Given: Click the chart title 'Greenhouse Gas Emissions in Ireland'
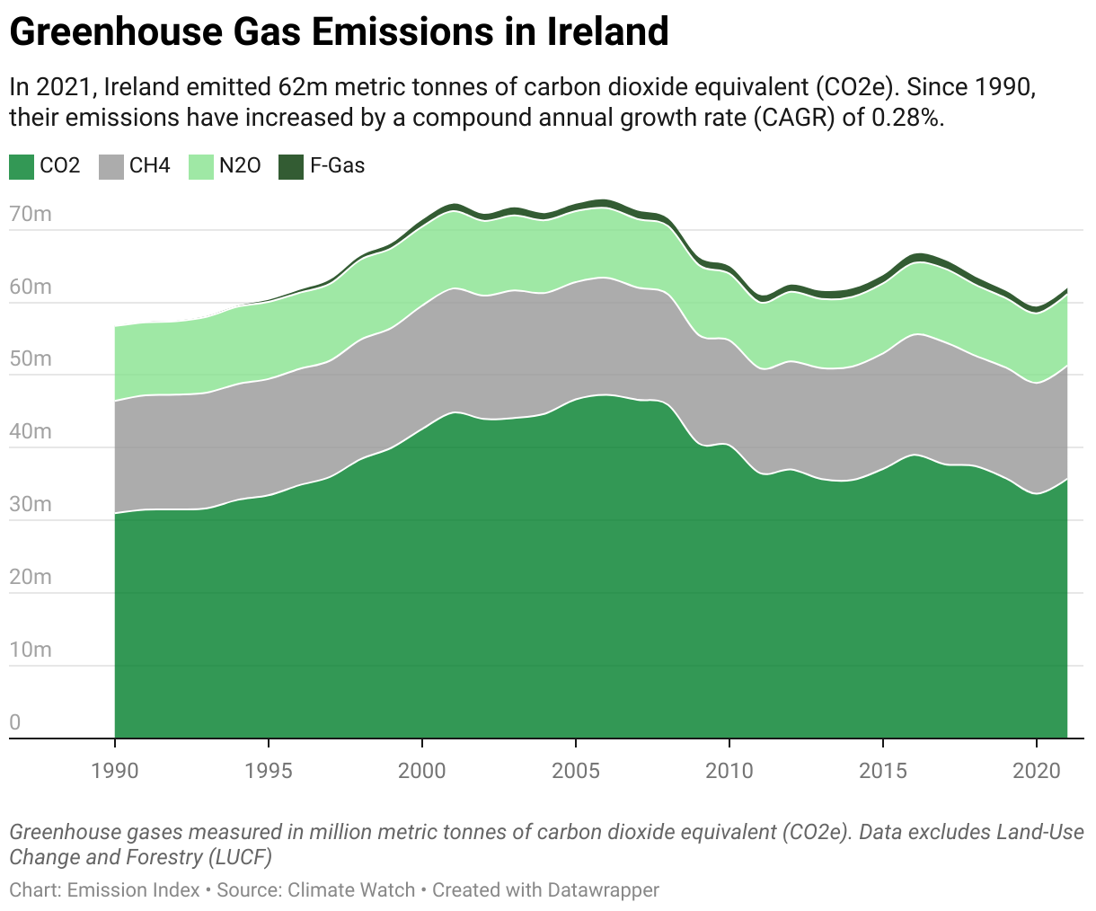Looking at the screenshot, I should pyautogui.click(x=339, y=32).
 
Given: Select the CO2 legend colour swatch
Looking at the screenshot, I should pyautogui.click(x=22, y=166).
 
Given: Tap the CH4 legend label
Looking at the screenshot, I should pyautogui.click(x=149, y=166).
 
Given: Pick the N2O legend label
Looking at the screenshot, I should pyautogui.click(x=240, y=166).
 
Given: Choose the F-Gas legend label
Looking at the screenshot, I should pyautogui.click(x=337, y=166).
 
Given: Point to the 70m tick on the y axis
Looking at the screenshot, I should pyautogui.click(x=31, y=214).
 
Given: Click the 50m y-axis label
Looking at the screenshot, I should pyautogui.click(x=31, y=359).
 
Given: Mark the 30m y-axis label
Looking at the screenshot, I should pyautogui.click(x=31, y=504).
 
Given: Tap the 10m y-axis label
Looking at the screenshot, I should pyautogui.click(x=31, y=650).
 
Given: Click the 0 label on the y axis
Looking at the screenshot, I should pyautogui.click(x=15, y=722).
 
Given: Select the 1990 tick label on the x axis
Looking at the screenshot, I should pyautogui.click(x=115, y=771).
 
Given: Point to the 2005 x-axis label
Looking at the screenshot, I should pyautogui.click(x=576, y=771).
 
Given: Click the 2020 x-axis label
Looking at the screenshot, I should pyautogui.click(x=1037, y=771).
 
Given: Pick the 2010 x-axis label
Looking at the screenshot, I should pyautogui.click(x=729, y=771).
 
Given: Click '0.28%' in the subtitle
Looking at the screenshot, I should pyautogui.click(x=908, y=118).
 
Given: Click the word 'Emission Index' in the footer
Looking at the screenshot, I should pyautogui.click(x=134, y=890).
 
